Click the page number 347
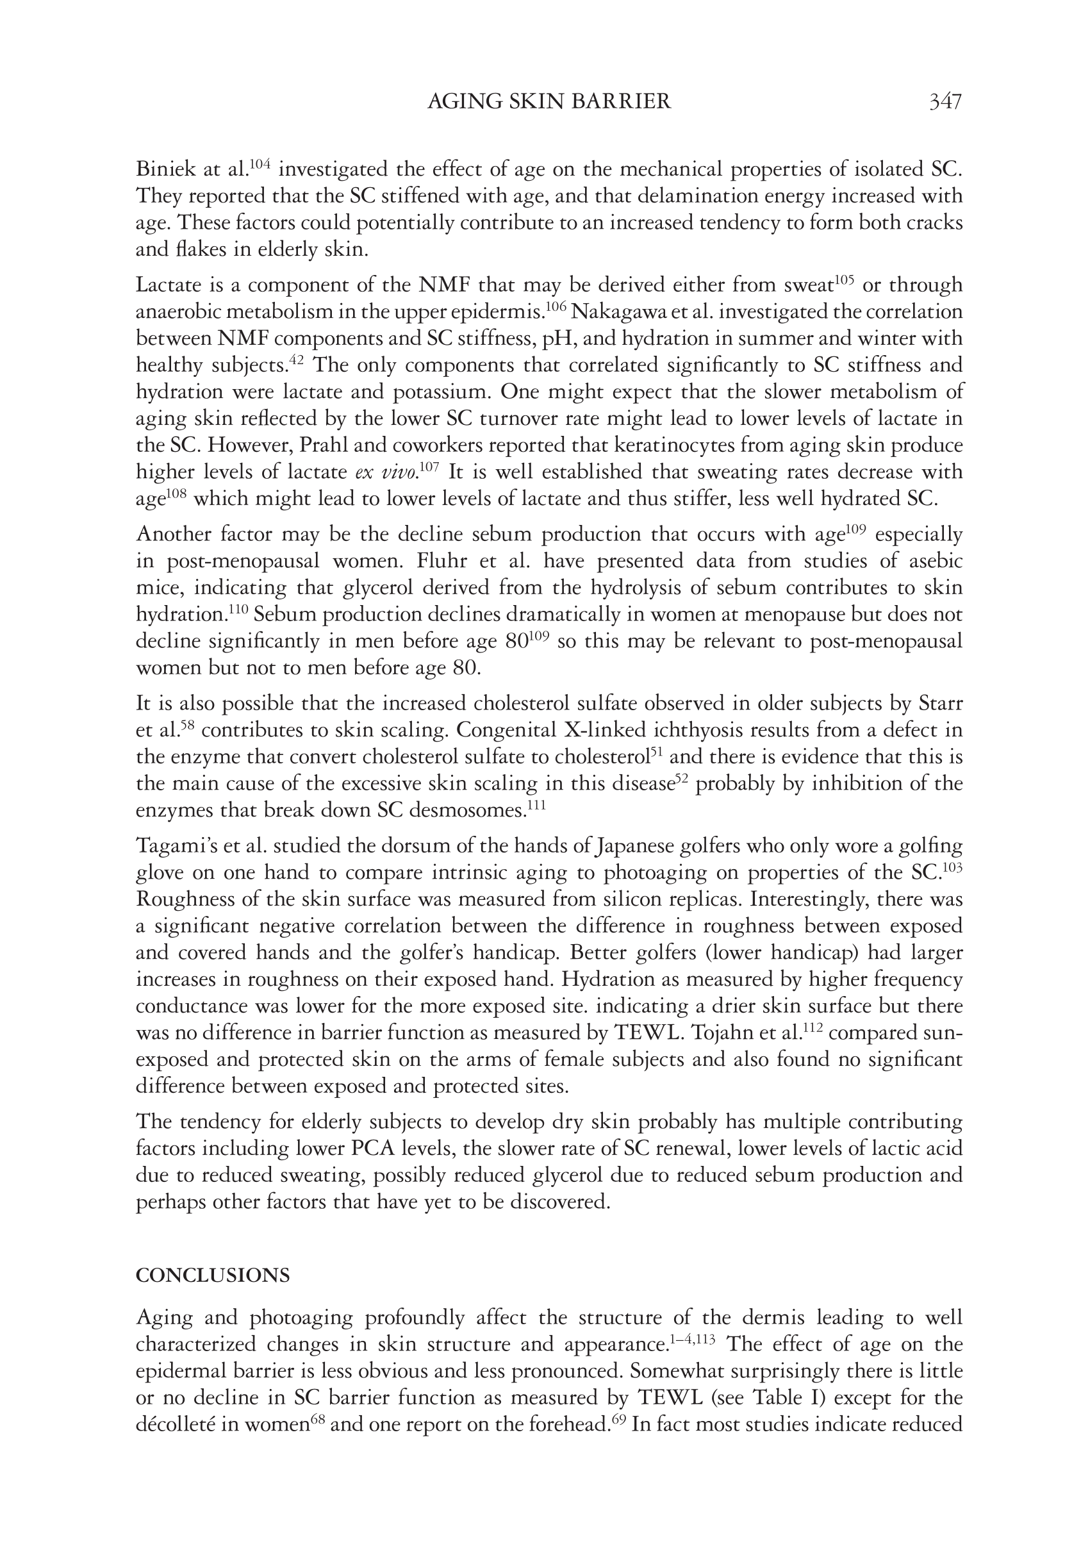tap(945, 102)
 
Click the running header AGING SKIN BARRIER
tap(549, 102)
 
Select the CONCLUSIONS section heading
tap(213, 1275)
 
